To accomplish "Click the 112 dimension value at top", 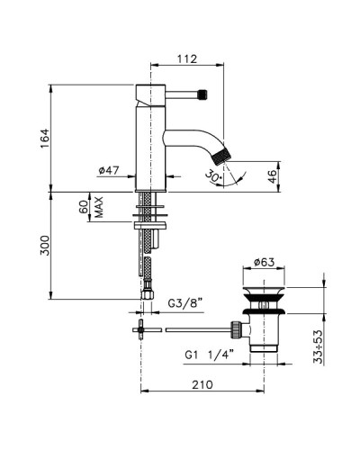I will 186,59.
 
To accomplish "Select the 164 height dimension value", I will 57,138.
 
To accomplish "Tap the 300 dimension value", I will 57,245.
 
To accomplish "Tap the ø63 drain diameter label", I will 264,262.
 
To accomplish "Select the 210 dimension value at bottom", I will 203,385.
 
